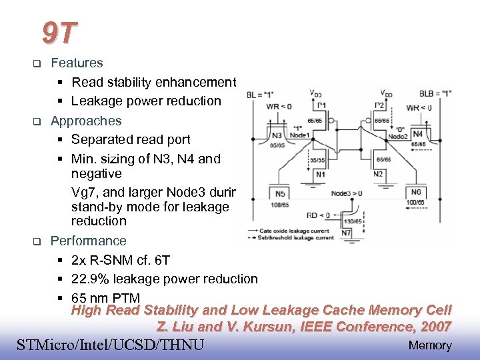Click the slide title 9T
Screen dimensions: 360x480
[59, 31]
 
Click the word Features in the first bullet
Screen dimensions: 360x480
[77, 63]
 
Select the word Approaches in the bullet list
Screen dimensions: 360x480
[86, 121]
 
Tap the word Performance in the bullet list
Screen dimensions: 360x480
[88, 241]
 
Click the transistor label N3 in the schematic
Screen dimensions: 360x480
[277, 135]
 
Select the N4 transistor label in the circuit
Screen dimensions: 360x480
[418, 134]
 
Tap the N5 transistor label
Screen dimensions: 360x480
[281, 193]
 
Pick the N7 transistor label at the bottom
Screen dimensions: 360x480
[346, 233]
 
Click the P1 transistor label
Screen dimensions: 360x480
[322, 105]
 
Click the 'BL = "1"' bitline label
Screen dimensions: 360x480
[261, 95]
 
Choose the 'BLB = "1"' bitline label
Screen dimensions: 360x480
[435, 94]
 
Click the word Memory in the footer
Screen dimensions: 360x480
[430, 345]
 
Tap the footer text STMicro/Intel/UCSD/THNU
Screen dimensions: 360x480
[110, 345]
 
